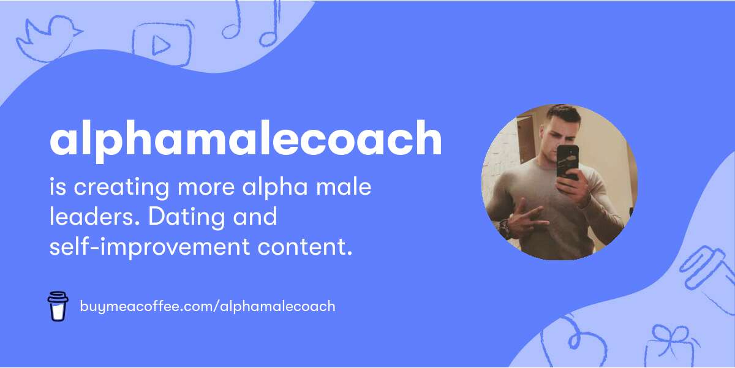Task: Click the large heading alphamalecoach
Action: coord(246,140)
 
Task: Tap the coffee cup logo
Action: coord(58,306)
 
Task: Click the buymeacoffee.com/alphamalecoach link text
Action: coord(208,307)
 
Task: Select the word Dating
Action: coord(186,217)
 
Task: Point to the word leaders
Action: coord(94,217)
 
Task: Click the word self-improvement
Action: coord(149,247)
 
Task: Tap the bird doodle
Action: coord(49,39)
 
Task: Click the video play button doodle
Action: coord(162,43)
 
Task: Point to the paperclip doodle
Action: coord(706,269)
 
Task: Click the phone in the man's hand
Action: coord(568,163)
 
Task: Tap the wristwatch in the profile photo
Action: coord(504,228)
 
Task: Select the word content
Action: coord(305,247)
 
